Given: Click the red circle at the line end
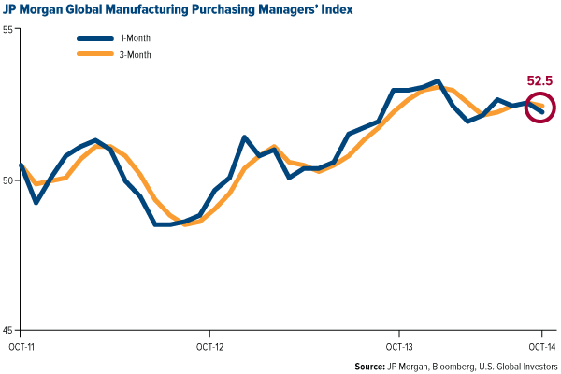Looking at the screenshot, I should pyautogui.click(x=540, y=108).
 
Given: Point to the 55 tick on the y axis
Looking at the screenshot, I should pyautogui.click(x=7, y=31).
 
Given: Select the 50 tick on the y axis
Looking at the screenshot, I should pyautogui.click(x=7, y=180).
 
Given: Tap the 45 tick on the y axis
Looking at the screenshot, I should pyautogui.click(x=7, y=330).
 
